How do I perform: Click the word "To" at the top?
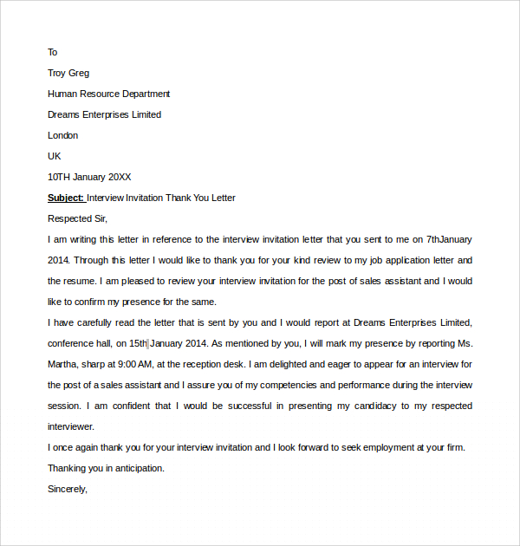[x=52, y=52]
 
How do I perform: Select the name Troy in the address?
[x=57, y=73]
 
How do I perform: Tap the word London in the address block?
[x=62, y=135]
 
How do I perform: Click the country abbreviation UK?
[x=55, y=156]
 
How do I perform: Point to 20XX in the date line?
[x=118, y=177]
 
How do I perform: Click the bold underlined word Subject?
[x=66, y=198]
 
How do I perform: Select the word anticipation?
[x=137, y=468]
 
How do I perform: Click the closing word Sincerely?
[x=68, y=489]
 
